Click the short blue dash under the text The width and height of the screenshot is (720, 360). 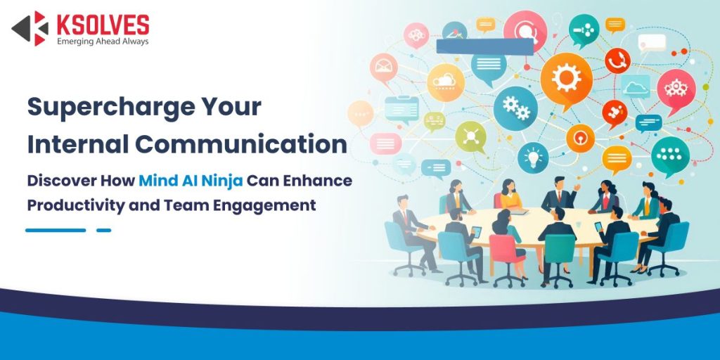click(103, 230)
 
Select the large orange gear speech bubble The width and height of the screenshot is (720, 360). click(566, 78)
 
